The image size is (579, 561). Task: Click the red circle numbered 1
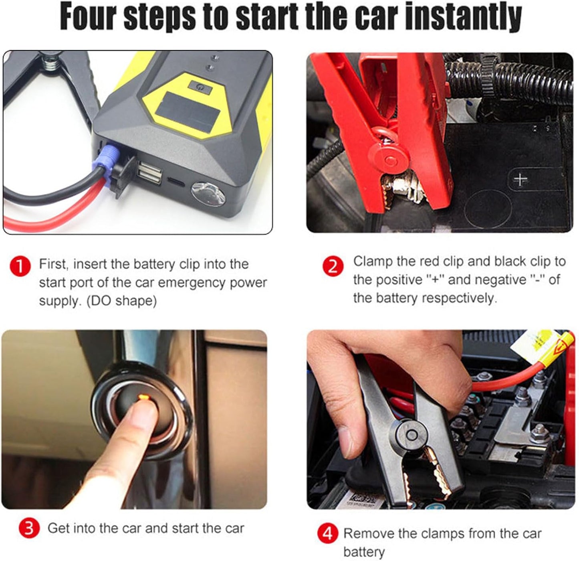click(x=20, y=266)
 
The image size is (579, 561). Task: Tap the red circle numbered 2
click(x=333, y=266)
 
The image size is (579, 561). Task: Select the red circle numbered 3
click(x=29, y=528)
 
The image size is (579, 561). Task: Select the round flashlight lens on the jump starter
click(x=208, y=194)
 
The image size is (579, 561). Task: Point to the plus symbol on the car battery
click(x=520, y=179)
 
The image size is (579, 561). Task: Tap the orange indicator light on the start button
click(x=143, y=398)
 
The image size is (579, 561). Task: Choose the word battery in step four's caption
click(x=364, y=552)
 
